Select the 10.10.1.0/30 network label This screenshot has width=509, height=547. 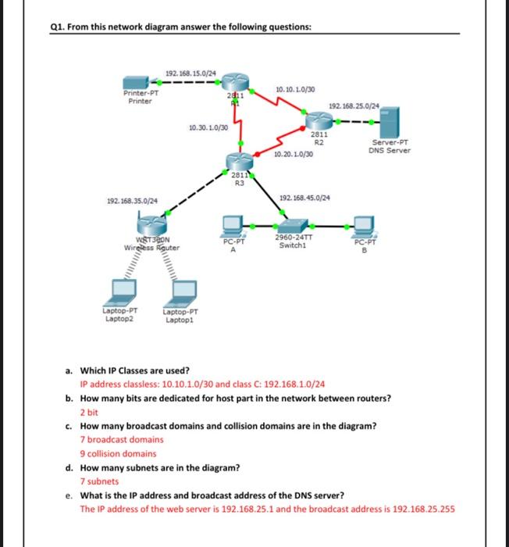295,91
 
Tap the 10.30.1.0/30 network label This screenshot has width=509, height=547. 208,127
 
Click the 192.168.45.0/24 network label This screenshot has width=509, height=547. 304,198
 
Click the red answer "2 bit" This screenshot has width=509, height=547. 89,412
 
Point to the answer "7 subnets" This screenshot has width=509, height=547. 99,481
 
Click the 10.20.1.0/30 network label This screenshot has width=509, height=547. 294,155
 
